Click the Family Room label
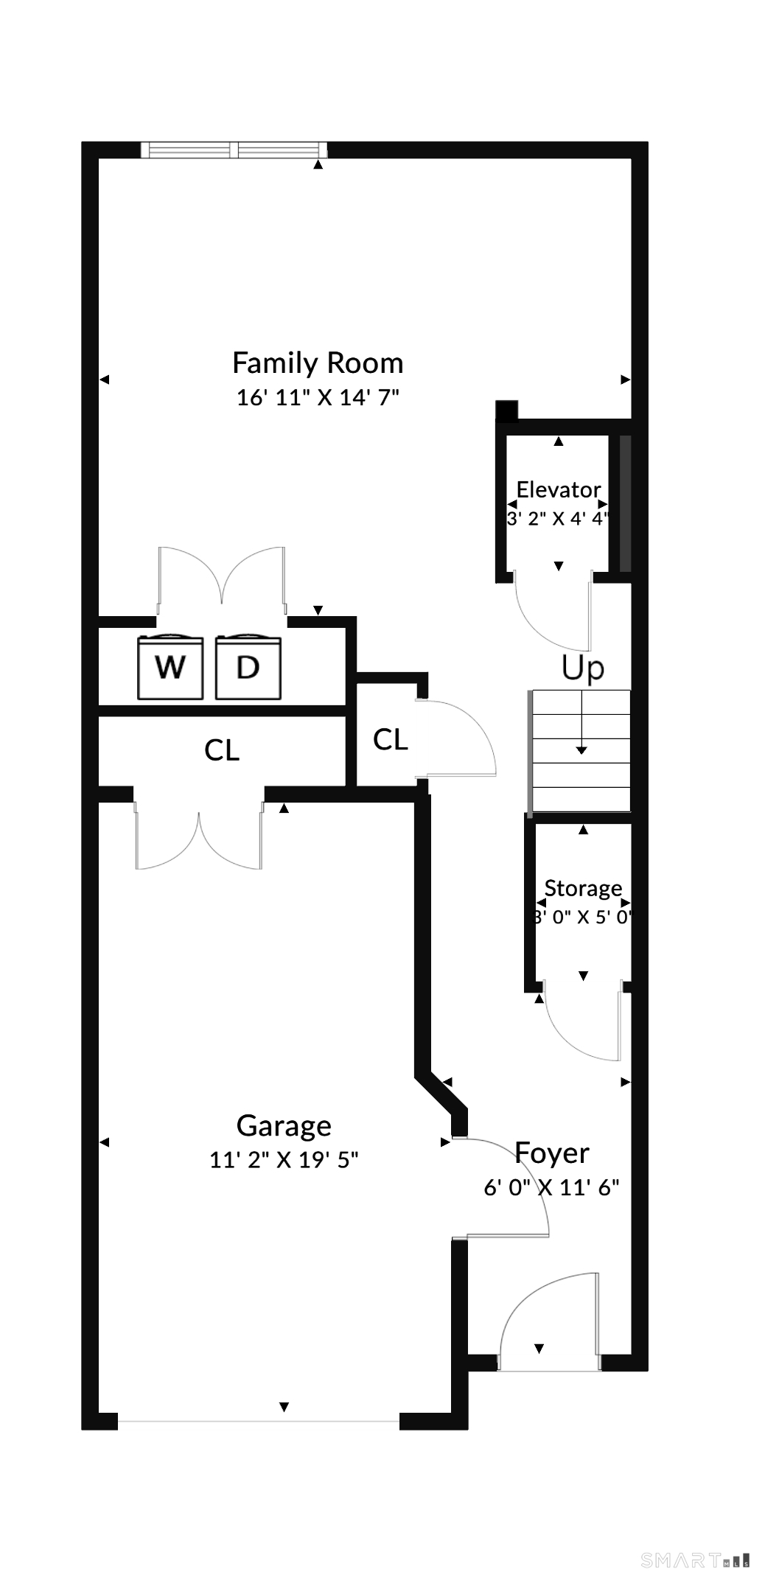pyautogui.click(x=318, y=363)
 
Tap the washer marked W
pyautogui.click(x=170, y=667)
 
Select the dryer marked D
pyautogui.click(x=248, y=667)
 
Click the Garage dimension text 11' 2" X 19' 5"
pyautogui.click(x=284, y=1159)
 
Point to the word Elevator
pyautogui.click(x=559, y=489)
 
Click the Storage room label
pyautogui.click(x=583, y=889)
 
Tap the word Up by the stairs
pyautogui.click(x=583, y=668)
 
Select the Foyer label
pyautogui.click(x=552, y=1153)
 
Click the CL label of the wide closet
pyautogui.click(x=222, y=750)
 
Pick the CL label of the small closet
pyautogui.click(x=391, y=739)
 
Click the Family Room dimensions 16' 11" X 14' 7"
pyautogui.click(x=318, y=397)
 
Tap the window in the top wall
pyautogui.click(x=234, y=150)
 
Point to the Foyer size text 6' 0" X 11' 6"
pyautogui.click(x=551, y=1187)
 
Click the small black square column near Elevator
pyautogui.click(x=506, y=410)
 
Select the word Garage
pyautogui.click(x=284, y=1125)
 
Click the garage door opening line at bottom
pyautogui.click(x=259, y=1420)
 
